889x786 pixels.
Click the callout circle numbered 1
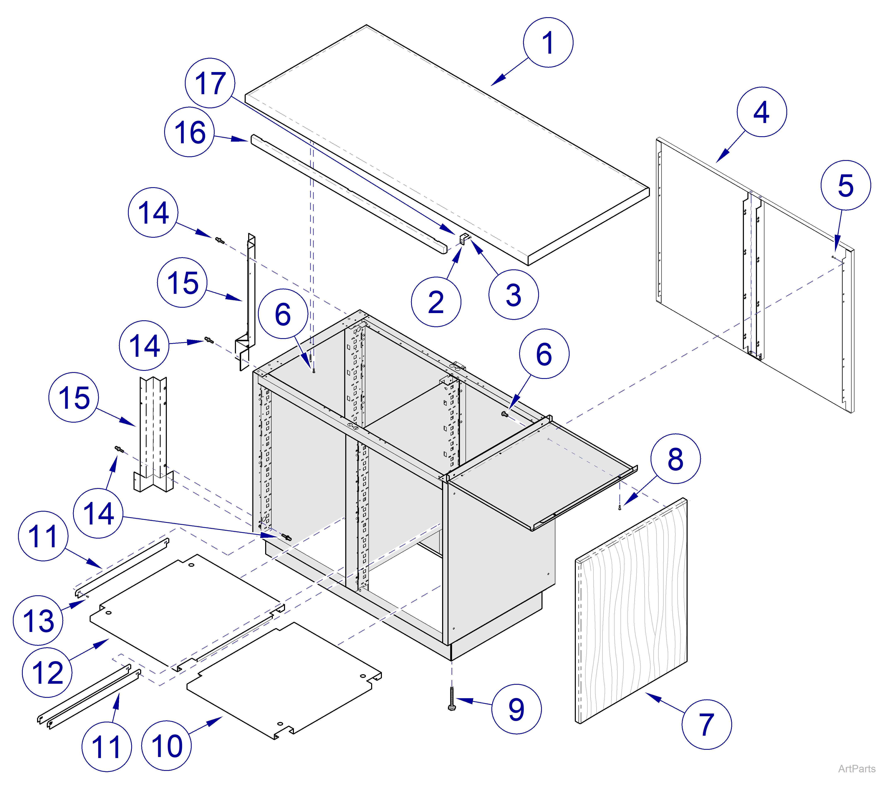(x=548, y=43)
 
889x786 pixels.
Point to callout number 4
(x=761, y=112)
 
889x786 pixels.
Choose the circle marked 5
(x=846, y=185)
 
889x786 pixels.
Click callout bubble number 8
(x=675, y=458)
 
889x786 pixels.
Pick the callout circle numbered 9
(x=516, y=709)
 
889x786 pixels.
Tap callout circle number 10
(x=167, y=746)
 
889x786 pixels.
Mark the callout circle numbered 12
(x=47, y=673)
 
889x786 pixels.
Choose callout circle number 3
(x=514, y=294)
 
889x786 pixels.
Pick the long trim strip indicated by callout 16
(x=348, y=194)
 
